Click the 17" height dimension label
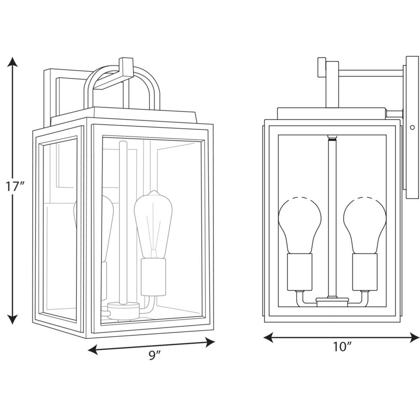pyautogui.click(x=16, y=186)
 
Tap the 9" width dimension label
pyautogui.click(x=155, y=355)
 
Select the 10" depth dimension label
pyautogui.click(x=342, y=347)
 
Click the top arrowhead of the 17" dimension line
pyautogui.click(x=12, y=62)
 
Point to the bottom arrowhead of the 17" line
pyautogui.click(x=12, y=319)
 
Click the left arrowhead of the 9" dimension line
pyautogui.click(x=93, y=349)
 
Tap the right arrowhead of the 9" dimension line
pyautogui.click(x=210, y=342)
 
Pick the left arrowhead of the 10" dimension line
pyautogui.click(x=268, y=338)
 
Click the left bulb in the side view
pyautogui.click(x=299, y=225)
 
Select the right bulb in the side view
pyautogui.click(x=365, y=225)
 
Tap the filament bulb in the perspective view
pyautogui.click(x=153, y=224)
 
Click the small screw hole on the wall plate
pyautogui.click(x=412, y=128)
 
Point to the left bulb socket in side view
pyautogui.click(x=299, y=272)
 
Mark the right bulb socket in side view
pyautogui.click(x=365, y=272)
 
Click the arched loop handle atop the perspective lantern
pyautogui.click(x=122, y=87)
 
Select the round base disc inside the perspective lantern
pyautogui.click(x=124, y=311)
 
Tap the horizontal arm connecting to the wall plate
pyautogui.click(x=370, y=73)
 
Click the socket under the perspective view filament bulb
pyautogui.click(x=153, y=277)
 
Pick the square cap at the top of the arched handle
pyautogui.click(x=126, y=67)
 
